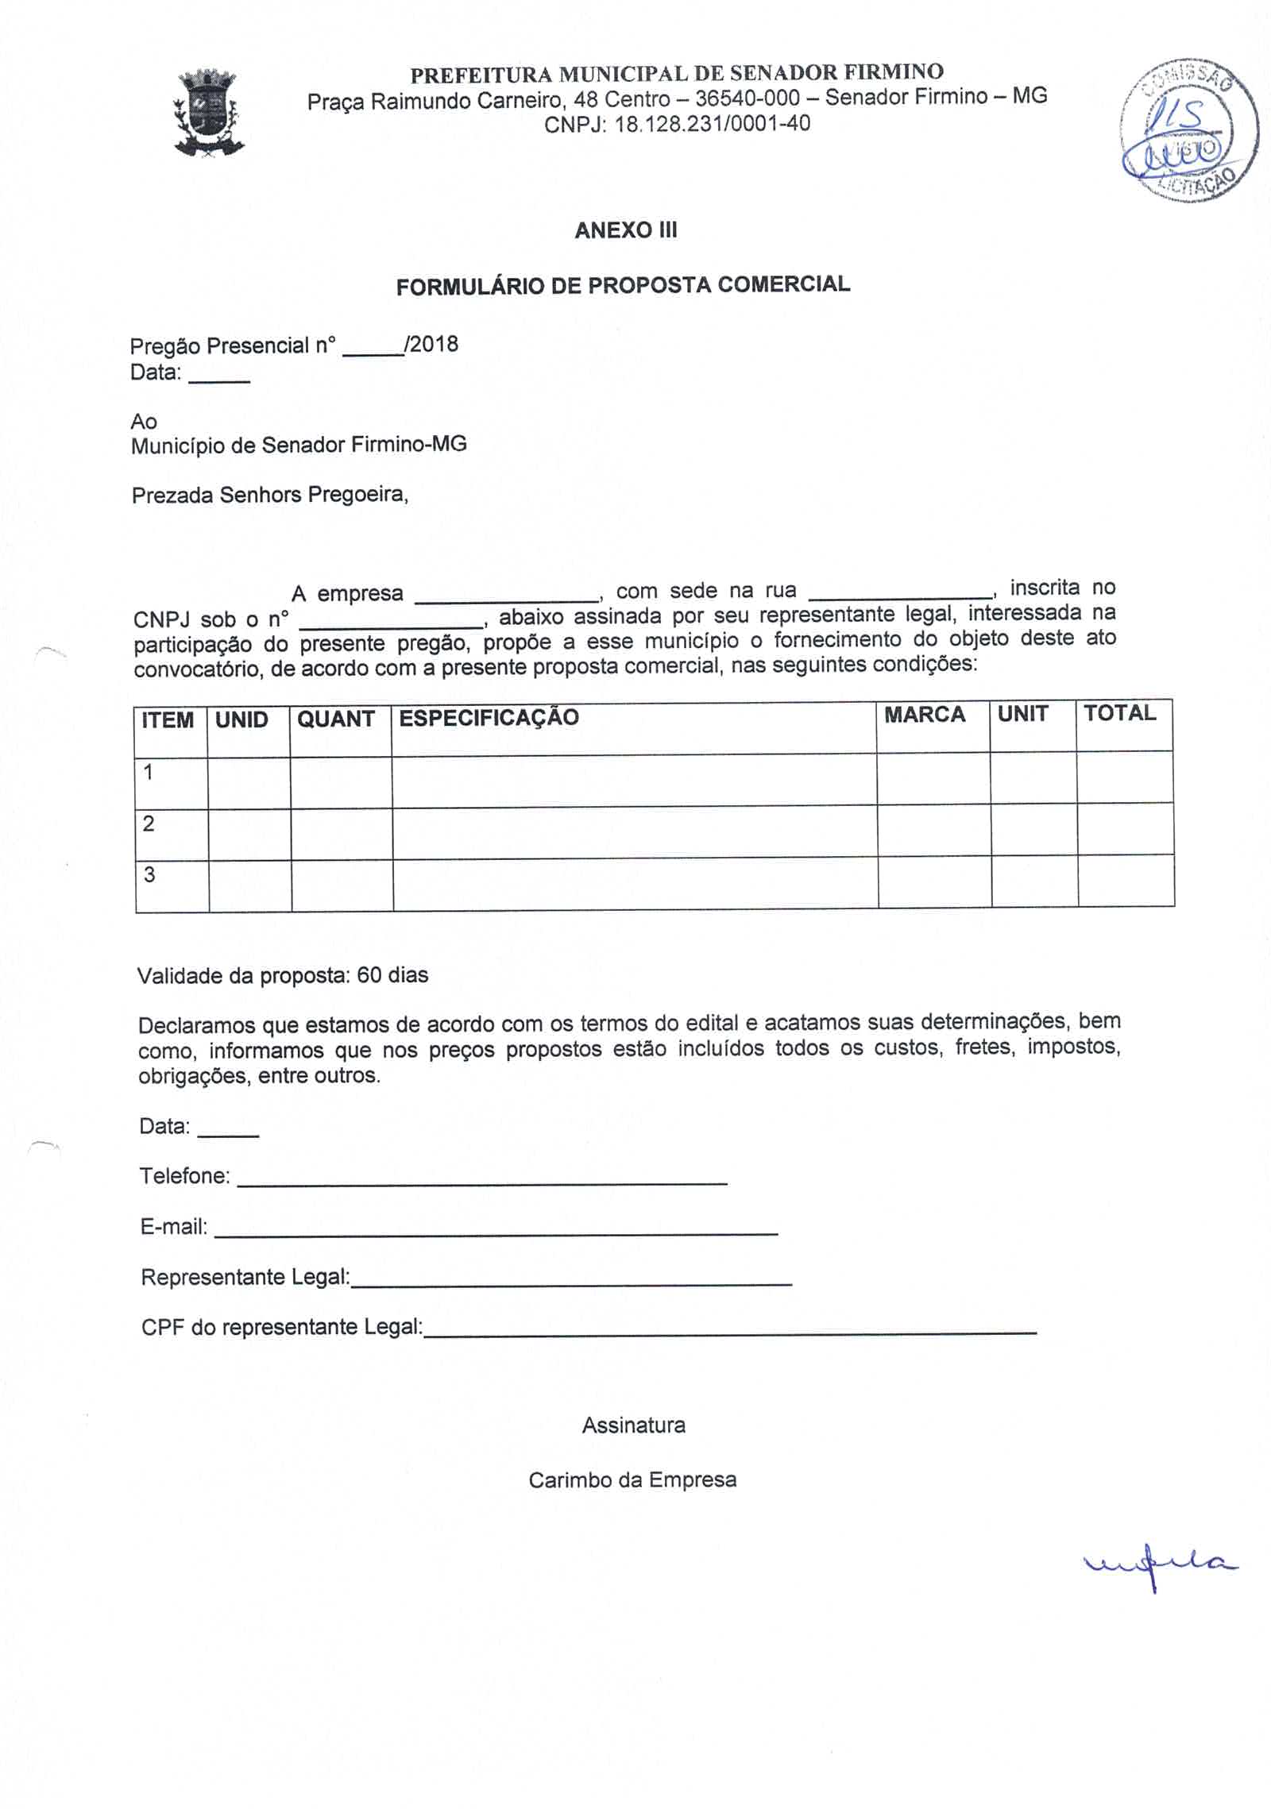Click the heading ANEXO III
(626, 230)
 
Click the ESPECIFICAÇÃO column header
(489, 718)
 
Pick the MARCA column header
(925, 715)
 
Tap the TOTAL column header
(1119, 713)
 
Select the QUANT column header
(336, 719)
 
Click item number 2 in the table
(149, 823)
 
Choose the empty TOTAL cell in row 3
(1126, 881)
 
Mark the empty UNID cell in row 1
(249, 781)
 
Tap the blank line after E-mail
(496, 1232)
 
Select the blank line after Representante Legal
(571, 1282)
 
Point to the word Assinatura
(634, 1425)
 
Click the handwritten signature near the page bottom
(1159, 1564)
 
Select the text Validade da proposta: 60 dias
(283, 975)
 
